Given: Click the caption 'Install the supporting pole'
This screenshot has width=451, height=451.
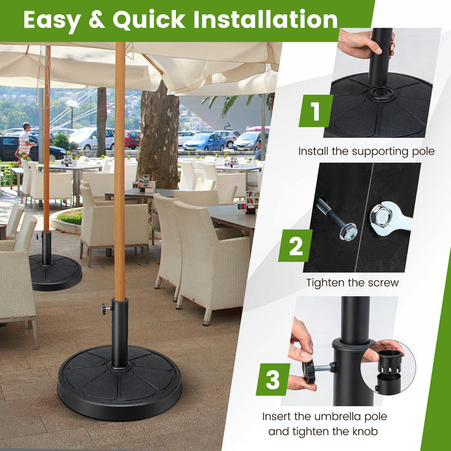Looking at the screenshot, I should [366, 151].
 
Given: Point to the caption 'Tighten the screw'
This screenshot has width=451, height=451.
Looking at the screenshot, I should [352, 282].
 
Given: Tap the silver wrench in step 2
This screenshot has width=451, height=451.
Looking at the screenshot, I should [389, 218].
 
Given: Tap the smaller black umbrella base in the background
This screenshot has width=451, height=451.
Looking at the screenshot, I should [55, 271].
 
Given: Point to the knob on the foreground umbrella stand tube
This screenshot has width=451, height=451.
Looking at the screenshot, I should [104, 309].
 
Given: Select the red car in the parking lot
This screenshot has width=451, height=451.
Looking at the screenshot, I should [132, 139].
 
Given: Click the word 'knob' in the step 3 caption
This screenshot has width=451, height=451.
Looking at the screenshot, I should [365, 432].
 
